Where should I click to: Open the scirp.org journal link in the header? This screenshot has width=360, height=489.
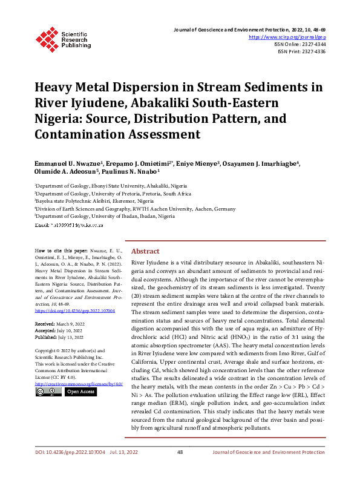click(287, 37)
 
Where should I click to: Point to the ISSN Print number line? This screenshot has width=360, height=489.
click(302, 51)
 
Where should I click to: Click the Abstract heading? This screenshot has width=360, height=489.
click(145, 251)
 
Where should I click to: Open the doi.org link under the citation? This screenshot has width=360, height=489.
click(75, 310)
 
